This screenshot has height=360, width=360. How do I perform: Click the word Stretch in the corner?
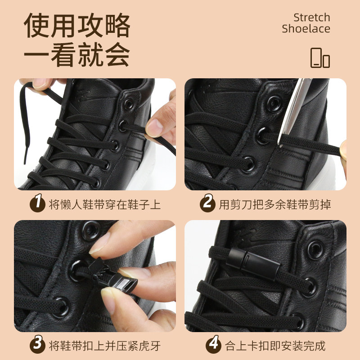312,18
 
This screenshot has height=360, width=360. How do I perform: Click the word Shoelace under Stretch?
306,29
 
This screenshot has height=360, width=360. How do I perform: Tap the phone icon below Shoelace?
320,58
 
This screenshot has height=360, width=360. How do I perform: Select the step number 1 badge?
37,203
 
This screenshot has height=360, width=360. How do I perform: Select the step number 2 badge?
207,203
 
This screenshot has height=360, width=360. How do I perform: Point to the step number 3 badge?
37,344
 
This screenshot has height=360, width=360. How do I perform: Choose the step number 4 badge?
213,344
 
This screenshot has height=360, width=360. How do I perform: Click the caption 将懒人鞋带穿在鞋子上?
105,204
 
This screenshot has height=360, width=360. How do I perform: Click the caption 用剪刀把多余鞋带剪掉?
275,204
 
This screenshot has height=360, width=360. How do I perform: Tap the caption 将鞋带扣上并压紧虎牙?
105,346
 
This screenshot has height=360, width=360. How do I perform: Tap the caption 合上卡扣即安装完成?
275,346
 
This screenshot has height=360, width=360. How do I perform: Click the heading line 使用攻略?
77,25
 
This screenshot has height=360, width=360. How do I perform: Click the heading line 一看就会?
77,54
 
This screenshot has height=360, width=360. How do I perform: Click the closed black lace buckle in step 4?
253,264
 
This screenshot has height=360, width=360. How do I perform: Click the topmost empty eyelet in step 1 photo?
129,104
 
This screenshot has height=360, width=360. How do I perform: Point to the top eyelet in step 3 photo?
91,230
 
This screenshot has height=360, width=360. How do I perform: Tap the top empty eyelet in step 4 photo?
316,250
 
